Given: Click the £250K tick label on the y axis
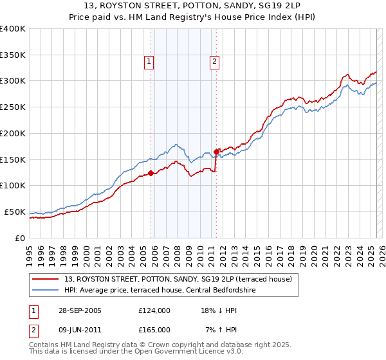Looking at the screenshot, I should (13, 107).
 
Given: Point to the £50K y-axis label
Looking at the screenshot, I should (15, 212).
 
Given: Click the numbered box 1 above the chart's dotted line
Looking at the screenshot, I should (149, 62).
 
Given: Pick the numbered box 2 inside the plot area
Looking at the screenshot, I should (214, 62).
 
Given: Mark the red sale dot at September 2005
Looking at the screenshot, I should (151, 173).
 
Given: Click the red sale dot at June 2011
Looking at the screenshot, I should (216, 151).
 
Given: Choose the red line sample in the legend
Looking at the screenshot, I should (46, 279).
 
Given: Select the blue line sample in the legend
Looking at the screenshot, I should (46, 290).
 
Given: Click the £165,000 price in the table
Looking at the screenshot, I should (154, 329).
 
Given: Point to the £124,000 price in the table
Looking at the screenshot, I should (154, 310).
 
